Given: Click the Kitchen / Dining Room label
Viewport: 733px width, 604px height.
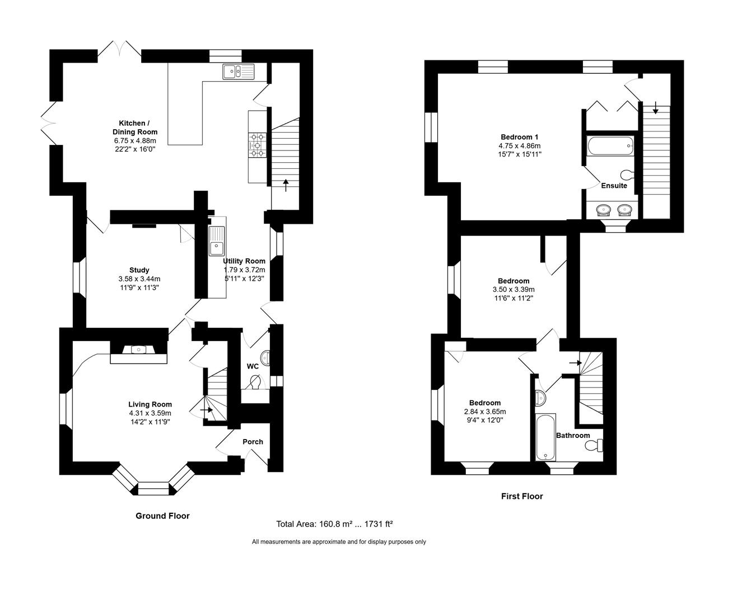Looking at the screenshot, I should [x=134, y=128].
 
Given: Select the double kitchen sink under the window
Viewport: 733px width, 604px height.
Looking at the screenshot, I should [x=237, y=71].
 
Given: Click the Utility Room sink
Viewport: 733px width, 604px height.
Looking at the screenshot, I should [x=216, y=240].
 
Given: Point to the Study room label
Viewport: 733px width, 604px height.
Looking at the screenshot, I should [x=139, y=270].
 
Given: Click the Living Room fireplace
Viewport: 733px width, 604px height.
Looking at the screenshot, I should [x=138, y=351].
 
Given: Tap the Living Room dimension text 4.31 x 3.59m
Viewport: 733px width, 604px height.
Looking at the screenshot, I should [x=150, y=413].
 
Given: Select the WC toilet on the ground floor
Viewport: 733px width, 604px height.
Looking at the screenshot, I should [x=255, y=383].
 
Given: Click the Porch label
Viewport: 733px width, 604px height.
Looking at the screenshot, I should [x=253, y=442].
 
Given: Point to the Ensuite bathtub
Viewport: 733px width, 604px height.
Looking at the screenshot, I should [x=610, y=147].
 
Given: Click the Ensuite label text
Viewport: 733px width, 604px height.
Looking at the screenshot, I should [x=614, y=186].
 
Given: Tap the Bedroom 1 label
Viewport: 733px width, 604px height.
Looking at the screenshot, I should [x=519, y=137].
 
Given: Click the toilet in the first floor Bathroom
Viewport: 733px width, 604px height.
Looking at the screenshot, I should [x=593, y=446].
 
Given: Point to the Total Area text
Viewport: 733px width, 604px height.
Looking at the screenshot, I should [x=334, y=524].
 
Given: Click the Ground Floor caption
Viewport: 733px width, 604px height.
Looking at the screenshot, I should [x=162, y=516].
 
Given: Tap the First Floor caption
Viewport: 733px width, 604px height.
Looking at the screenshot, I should [x=521, y=496].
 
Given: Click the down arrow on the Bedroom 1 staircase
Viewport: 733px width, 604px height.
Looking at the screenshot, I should [x=655, y=106].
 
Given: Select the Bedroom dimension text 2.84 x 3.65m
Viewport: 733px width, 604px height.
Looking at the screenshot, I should [x=484, y=412].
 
